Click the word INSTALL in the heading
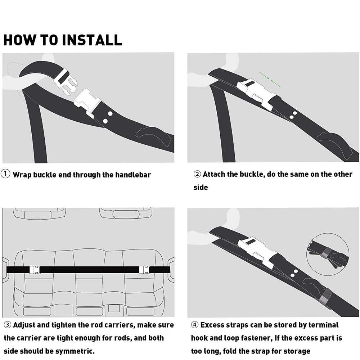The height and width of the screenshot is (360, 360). (92, 40)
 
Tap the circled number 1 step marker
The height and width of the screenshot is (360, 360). (5, 174)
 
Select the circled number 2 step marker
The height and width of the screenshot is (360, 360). (197, 174)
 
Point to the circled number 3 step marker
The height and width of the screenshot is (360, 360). (8, 325)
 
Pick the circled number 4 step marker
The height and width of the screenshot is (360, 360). (195, 325)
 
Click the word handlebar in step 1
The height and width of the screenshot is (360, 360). (133, 175)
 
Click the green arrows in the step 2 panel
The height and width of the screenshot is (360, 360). (270, 80)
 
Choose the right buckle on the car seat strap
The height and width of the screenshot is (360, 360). (145, 270)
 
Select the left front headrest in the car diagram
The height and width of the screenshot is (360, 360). (39, 214)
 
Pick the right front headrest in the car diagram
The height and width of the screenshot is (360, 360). (126, 214)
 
